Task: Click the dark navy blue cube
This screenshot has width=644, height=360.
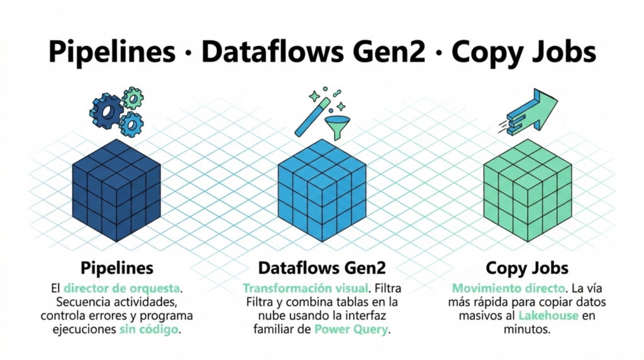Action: [116, 190]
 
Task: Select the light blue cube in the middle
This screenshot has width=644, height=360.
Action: [322, 190]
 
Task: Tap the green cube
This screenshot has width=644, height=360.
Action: [528, 190]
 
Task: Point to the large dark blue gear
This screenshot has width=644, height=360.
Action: [106, 111]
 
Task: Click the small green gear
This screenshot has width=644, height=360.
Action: [133, 98]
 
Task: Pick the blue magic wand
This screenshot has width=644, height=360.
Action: [313, 117]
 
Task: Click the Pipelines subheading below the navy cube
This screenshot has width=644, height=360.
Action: [117, 268]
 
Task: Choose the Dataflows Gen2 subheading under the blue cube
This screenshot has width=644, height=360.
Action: [322, 268]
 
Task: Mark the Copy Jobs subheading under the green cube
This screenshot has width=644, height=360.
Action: [527, 268]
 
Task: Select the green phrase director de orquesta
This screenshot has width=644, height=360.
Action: [121, 288]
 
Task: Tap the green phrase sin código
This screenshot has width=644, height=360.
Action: [148, 329]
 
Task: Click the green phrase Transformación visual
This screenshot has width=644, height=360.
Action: [305, 288]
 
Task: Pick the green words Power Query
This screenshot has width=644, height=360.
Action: [351, 329]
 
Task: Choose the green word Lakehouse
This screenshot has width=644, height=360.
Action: [548, 315]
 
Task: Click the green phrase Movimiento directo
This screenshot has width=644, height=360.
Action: [508, 288]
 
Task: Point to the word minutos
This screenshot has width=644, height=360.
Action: [526, 329]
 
